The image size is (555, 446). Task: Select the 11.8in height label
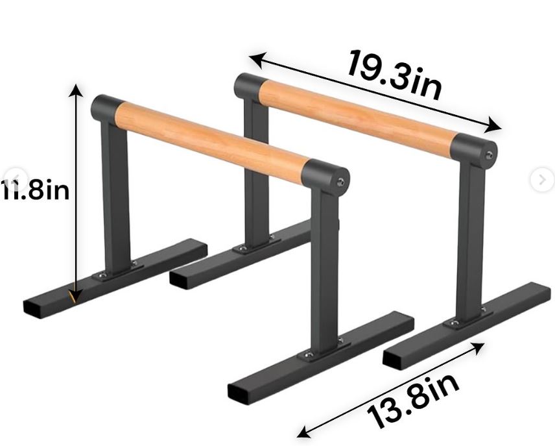36,192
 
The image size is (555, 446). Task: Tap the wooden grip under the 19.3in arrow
360,112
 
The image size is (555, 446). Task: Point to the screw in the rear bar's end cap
490,155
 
